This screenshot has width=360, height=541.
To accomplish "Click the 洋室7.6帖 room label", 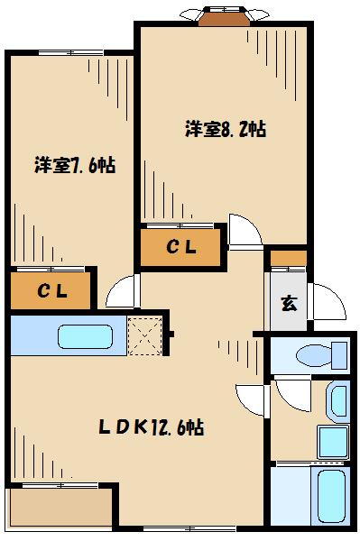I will point(75,166).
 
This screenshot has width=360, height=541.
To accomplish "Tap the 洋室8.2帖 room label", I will point(226,128).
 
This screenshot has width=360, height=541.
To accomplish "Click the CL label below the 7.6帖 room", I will point(51,290).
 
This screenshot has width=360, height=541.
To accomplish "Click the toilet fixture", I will point(321,353).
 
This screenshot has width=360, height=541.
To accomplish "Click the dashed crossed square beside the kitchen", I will point(143,335).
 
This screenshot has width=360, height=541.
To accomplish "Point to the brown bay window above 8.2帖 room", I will point(224,15).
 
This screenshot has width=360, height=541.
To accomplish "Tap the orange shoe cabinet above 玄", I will point(288,259).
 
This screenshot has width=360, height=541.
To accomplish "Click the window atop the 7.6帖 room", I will point(69,53).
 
